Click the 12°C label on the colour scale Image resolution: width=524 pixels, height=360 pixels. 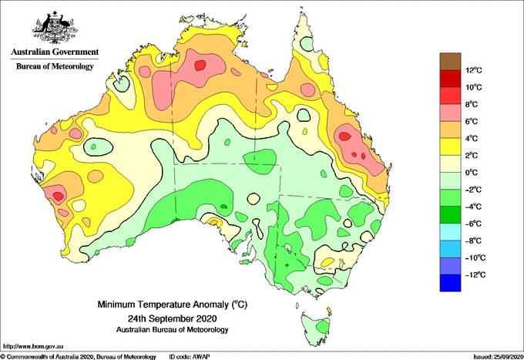click(474, 70)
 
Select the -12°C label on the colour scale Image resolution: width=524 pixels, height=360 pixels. click(475, 274)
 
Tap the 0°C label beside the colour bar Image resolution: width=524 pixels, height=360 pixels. click(472, 173)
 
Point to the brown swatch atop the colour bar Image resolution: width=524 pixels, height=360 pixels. click(450, 62)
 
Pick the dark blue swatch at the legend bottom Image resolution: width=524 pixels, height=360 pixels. click(450, 283)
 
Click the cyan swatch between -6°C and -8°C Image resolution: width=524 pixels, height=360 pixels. click(450, 232)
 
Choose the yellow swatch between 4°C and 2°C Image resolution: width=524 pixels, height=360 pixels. click(450, 146)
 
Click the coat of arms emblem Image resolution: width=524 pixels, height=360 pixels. click(55, 28)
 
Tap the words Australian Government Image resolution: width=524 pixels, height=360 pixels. click(55, 52)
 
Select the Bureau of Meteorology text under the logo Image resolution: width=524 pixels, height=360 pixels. click(55, 66)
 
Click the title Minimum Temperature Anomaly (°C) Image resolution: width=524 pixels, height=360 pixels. click(172, 304)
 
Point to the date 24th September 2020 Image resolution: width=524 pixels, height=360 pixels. click(172, 318)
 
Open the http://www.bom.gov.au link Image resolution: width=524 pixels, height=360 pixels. click(33, 346)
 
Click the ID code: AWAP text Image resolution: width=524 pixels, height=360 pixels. click(190, 357)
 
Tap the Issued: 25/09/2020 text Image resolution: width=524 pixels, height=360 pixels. click(498, 357)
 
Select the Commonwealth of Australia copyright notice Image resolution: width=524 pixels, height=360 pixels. click(79, 357)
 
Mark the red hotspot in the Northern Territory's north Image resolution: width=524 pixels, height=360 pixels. click(200, 65)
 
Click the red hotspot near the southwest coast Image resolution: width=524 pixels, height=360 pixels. click(59, 196)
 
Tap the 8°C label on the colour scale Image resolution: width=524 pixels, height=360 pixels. click(472, 104)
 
